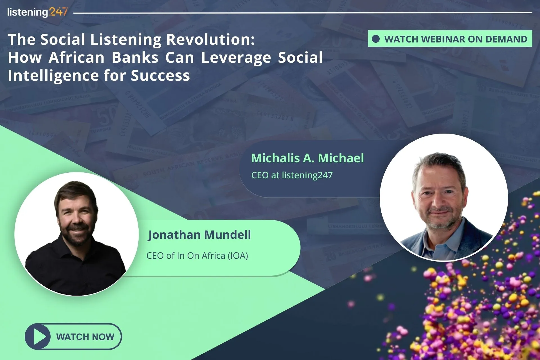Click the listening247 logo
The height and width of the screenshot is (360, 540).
coord(37,12)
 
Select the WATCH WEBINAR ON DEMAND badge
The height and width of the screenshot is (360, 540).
coord(450,39)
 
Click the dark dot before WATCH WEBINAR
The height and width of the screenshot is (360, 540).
coord(376,39)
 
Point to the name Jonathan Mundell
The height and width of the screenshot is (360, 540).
coord(199,235)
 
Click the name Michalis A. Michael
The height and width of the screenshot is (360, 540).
coord(307,158)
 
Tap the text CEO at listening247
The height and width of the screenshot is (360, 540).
coord(292,175)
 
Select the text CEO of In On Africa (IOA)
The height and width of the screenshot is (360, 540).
coord(197,256)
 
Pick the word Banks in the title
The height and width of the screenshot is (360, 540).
coord(135,58)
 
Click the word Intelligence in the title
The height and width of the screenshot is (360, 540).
coord(53,76)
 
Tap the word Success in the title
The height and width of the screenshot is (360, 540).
coord(160,76)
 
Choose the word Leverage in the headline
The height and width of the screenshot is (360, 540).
coord(236,58)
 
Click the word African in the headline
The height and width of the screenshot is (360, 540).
coord(76,58)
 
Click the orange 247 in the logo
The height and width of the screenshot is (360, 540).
coord(58,12)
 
